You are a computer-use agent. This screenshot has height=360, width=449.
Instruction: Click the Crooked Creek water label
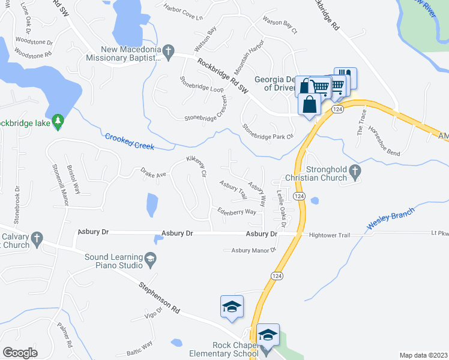[130, 142]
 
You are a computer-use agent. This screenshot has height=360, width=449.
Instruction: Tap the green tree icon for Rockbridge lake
[58, 122]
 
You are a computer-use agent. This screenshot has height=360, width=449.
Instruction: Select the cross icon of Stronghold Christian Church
[355, 173]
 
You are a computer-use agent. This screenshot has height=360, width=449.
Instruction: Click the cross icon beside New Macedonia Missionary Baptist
[169, 50]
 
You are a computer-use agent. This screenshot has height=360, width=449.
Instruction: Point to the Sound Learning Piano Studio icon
[150, 260]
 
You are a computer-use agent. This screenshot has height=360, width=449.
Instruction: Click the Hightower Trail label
[329, 236]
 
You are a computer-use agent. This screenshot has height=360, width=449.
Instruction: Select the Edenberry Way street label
[237, 211]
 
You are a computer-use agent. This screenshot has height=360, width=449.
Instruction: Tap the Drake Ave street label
[153, 173]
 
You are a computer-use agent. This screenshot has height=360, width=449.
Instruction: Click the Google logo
[20, 353]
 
